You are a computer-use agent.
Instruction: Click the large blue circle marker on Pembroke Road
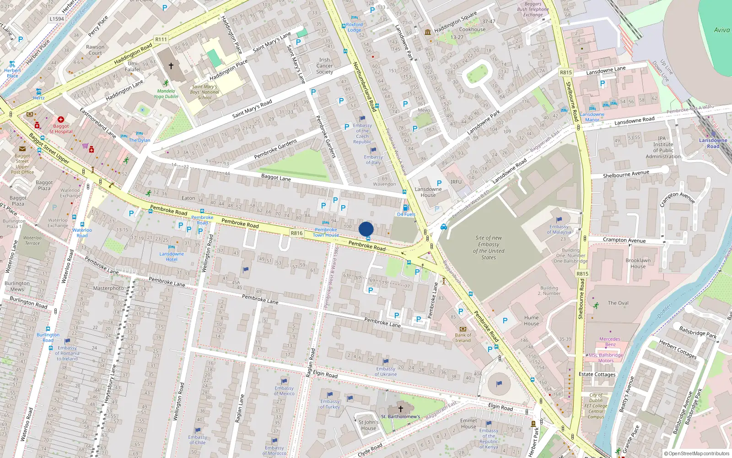(x=366, y=229)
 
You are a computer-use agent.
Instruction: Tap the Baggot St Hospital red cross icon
(x=60, y=120)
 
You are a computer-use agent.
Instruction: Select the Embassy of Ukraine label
(x=386, y=371)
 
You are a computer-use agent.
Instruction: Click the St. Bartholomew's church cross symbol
(x=400, y=409)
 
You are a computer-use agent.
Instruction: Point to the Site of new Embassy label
(x=489, y=247)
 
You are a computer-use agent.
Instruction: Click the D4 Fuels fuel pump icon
(x=405, y=208)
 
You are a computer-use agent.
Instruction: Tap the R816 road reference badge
(x=296, y=233)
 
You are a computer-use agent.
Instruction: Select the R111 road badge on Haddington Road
(x=161, y=39)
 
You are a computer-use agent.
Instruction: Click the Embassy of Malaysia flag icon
(x=559, y=220)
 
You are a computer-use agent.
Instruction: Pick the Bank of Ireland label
(x=463, y=338)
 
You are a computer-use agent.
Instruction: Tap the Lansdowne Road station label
(x=713, y=143)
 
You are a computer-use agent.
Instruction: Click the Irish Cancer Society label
(x=324, y=66)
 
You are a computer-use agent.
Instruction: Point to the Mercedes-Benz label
(x=610, y=342)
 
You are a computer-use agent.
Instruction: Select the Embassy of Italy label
(x=373, y=160)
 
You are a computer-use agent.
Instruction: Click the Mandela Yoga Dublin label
(x=166, y=93)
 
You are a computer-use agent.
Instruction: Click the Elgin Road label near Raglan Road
(x=325, y=374)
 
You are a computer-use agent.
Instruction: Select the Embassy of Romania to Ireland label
(x=67, y=353)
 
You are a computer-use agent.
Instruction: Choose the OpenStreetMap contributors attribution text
(x=696, y=453)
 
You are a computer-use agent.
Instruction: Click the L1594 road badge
(x=57, y=19)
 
